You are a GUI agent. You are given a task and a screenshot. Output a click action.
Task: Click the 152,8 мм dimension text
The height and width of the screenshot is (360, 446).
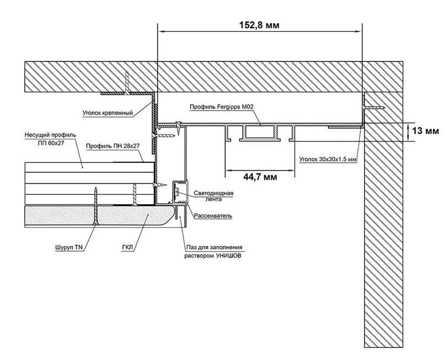coord(259,25)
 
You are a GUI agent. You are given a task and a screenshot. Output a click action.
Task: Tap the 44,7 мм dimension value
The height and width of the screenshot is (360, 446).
coord(260,177)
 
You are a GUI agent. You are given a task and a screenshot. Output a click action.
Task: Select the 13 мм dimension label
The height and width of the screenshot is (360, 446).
coord(426,131)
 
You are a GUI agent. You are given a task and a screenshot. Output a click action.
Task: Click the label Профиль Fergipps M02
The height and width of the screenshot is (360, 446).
coord(221,107)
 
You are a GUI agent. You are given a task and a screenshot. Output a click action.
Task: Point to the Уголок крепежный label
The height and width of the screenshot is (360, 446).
coord(108,113)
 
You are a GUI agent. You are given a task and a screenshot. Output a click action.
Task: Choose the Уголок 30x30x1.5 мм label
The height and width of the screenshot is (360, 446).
coord(328,159)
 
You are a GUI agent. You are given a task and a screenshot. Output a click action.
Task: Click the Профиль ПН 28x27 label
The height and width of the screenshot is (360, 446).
coord(113,146)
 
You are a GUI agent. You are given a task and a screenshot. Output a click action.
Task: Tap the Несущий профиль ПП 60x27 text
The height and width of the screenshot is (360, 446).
coord(51,139)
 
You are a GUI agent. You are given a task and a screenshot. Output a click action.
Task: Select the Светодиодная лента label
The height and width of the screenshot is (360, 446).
coord(214,196)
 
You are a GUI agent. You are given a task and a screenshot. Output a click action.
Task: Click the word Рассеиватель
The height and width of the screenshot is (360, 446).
coord(213,216)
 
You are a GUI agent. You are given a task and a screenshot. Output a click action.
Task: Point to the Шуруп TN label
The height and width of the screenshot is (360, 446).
coord(69,247)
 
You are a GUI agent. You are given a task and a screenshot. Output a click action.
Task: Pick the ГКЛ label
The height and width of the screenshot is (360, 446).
coord(127,247)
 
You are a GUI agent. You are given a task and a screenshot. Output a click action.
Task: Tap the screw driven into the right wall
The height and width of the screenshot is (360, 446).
coord(372,108)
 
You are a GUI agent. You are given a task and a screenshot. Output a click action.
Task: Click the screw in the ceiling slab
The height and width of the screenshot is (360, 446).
coord(127,83)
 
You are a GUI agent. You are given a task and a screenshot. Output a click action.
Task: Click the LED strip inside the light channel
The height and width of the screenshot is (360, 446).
coord(177,192)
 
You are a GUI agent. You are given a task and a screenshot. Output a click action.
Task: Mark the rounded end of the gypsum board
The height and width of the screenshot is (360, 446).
coord(170,215)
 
